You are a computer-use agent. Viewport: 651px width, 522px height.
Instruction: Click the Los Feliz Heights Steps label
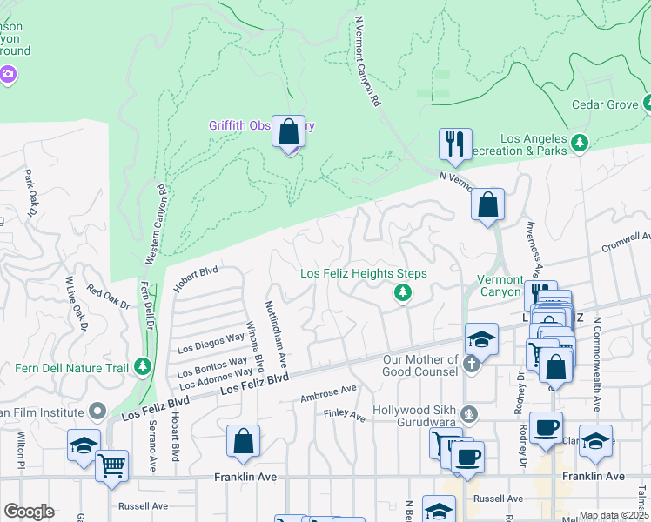click(364, 273)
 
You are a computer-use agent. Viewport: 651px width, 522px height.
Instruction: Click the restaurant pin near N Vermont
click(455, 144)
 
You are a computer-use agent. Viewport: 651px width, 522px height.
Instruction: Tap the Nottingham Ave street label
click(276, 332)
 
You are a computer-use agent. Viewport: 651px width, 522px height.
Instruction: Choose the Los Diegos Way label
click(211, 340)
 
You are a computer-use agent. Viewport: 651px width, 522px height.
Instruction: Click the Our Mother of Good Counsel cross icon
click(471, 365)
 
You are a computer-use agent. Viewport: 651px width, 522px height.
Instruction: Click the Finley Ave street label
click(346, 416)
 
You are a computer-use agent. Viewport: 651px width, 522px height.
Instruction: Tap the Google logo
click(28, 512)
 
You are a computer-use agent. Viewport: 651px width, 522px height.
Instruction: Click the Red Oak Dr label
click(107, 298)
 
